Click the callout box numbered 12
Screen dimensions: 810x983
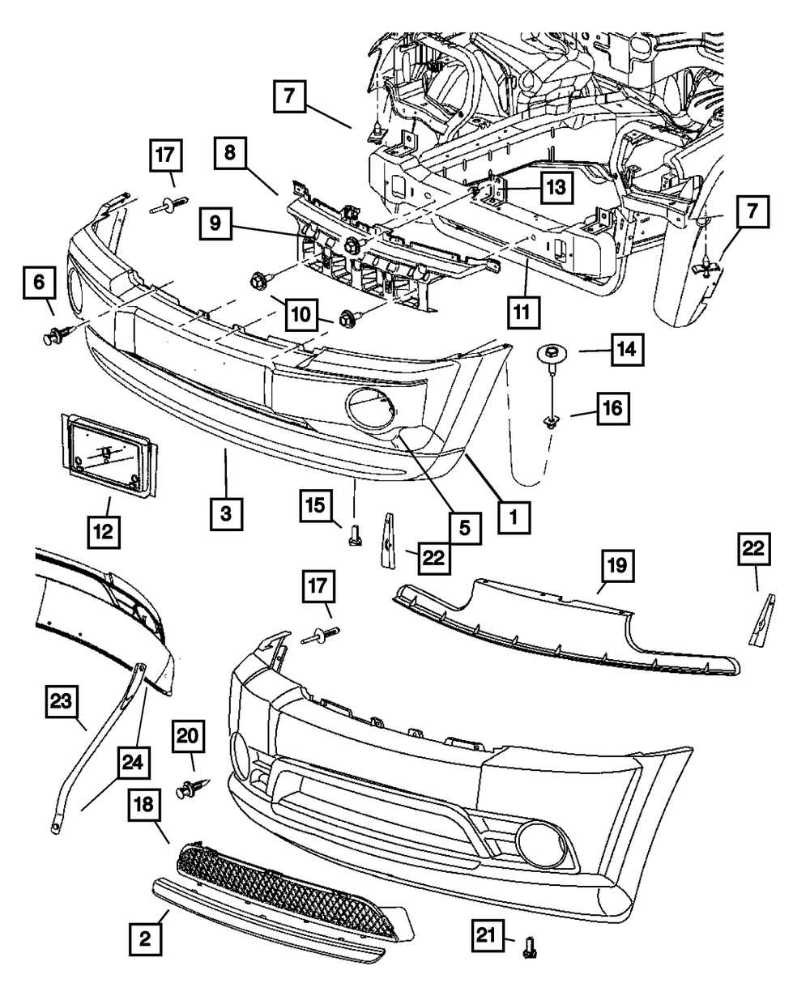point(104,532)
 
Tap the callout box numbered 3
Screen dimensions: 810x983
point(227,513)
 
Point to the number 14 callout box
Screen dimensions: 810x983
point(628,350)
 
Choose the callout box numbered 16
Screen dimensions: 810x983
point(613,409)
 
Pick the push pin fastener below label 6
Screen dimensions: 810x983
point(58,334)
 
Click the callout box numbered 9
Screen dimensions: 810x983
point(215,223)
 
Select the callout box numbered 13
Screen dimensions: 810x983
point(556,187)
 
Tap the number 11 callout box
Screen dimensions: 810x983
point(523,312)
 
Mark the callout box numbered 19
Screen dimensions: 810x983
point(617,565)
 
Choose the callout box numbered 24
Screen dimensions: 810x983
point(134,763)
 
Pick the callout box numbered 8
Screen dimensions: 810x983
point(230,153)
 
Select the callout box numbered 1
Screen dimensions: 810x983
point(514,517)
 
